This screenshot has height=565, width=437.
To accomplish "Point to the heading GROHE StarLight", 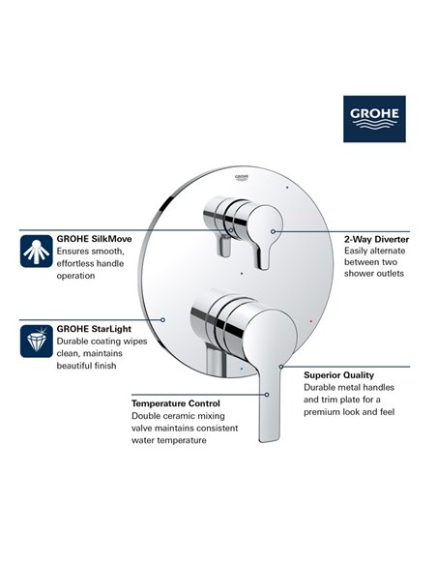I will coord(94,328).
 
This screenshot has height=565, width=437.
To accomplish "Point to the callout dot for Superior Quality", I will coord(280,367).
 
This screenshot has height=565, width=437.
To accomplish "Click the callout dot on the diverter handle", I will coord(274,232).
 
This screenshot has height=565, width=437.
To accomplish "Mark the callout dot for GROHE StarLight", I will coord(163,318).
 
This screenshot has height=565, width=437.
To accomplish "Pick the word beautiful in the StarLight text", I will coord(77,367).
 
